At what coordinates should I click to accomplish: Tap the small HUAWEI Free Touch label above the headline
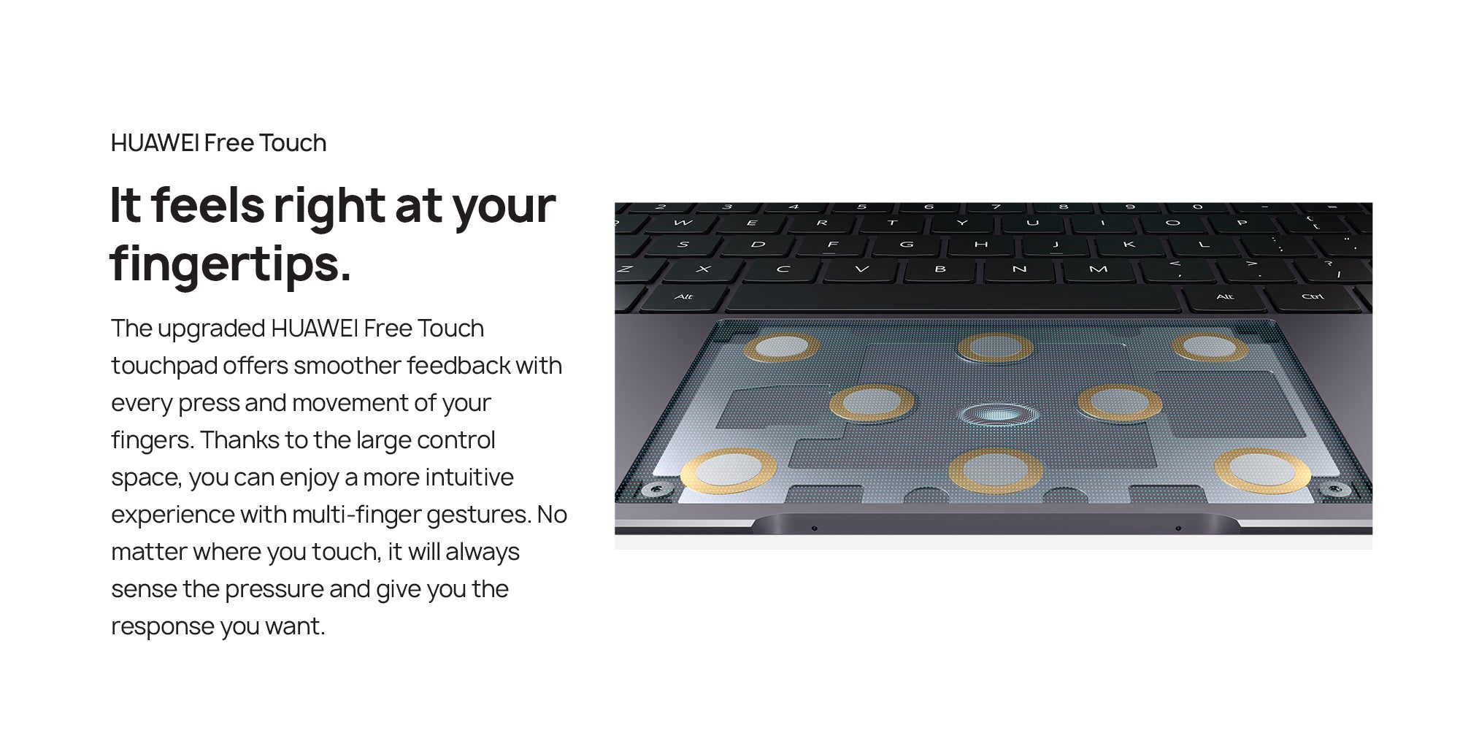tap(218, 142)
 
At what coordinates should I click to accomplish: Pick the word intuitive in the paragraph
tap(469, 477)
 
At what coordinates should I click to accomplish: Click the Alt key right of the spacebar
tap(1225, 296)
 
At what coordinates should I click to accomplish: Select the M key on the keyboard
tap(1098, 270)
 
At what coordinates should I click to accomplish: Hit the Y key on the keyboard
tap(962, 223)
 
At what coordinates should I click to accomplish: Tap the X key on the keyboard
tap(703, 269)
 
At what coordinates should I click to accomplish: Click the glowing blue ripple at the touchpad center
tap(999, 415)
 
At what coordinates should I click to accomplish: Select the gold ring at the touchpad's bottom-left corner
tap(729, 471)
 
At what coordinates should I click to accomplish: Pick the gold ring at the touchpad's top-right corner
tap(1210, 347)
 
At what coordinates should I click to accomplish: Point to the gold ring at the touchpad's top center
tap(996, 347)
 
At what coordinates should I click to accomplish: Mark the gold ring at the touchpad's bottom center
tap(996, 471)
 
